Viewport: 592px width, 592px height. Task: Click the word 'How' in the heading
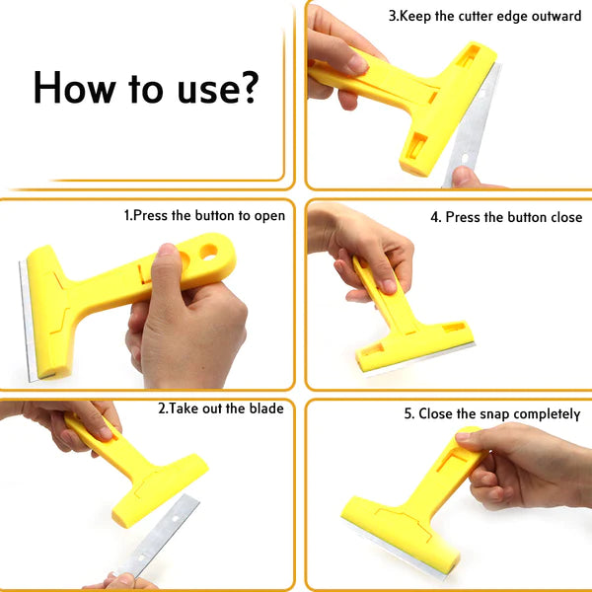(x=74, y=87)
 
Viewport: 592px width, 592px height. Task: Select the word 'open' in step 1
(x=269, y=216)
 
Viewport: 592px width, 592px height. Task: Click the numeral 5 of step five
(x=407, y=413)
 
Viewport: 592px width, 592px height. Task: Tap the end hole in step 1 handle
(x=208, y=251)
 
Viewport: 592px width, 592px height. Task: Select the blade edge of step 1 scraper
(x=28, y=321)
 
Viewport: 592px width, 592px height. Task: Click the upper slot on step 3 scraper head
(x=468, y=54)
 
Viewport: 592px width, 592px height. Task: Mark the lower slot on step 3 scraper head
(x=416, y=146)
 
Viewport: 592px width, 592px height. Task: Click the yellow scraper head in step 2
(x=161, y=490)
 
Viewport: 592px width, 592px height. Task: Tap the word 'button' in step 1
(x=214, y=215)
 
